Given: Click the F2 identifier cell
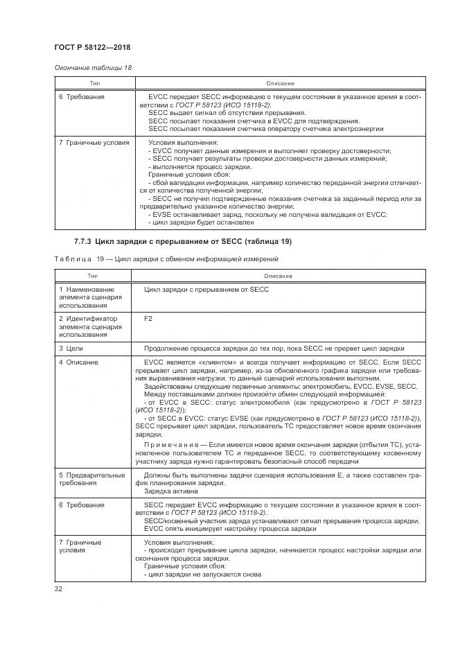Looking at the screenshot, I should coord(148,319).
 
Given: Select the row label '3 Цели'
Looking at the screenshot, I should coord(71,348).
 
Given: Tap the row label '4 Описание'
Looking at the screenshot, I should coord(78,362).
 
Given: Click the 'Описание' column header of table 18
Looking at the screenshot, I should coord(280,83).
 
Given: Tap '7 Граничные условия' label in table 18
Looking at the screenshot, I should coord(94,143).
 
